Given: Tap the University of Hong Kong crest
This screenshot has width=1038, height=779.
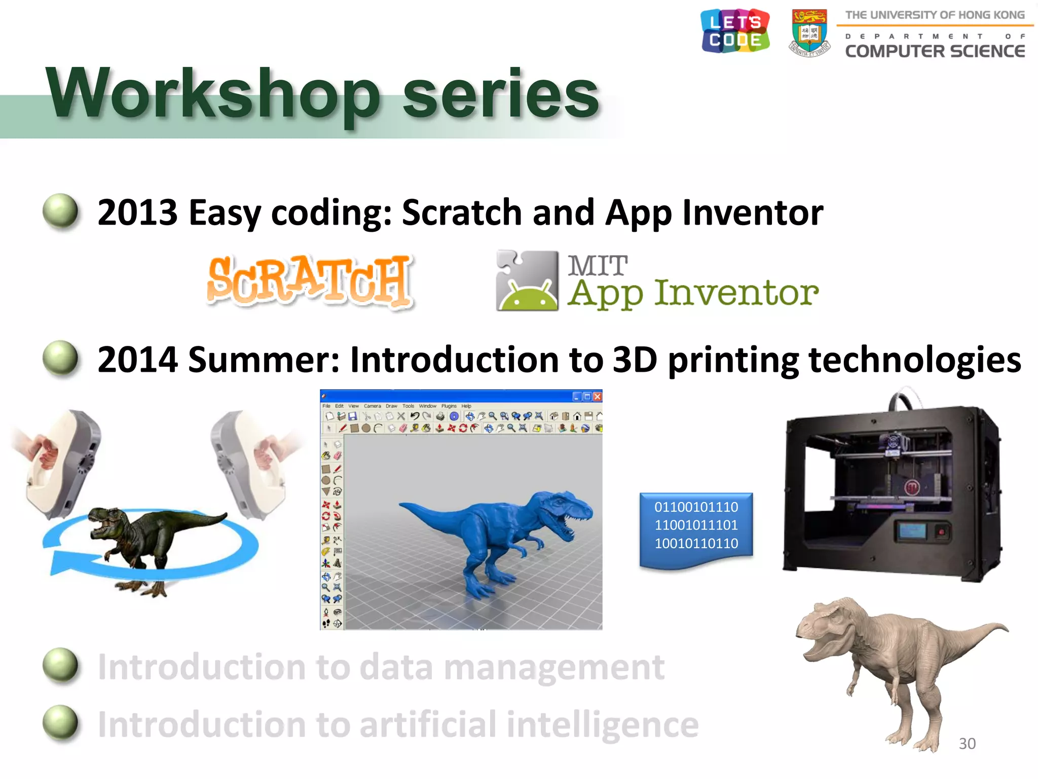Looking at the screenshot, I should click(809, 32).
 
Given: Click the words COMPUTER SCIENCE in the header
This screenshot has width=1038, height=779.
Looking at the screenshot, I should click(935, 51).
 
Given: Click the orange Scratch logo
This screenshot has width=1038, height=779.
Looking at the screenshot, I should click(310, 280).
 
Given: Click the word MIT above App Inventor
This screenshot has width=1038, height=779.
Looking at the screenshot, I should click(598, 266).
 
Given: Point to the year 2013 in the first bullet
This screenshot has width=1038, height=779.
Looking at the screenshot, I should click(137, 213).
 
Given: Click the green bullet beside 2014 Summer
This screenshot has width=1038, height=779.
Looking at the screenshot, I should click(61, 359).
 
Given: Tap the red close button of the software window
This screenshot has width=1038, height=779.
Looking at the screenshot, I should click(598, 397).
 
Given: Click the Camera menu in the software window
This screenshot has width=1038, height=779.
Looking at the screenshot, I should click(372, 406).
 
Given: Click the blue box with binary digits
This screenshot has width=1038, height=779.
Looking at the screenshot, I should click(696, 527).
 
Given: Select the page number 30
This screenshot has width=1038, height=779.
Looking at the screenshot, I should click(967, 743).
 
